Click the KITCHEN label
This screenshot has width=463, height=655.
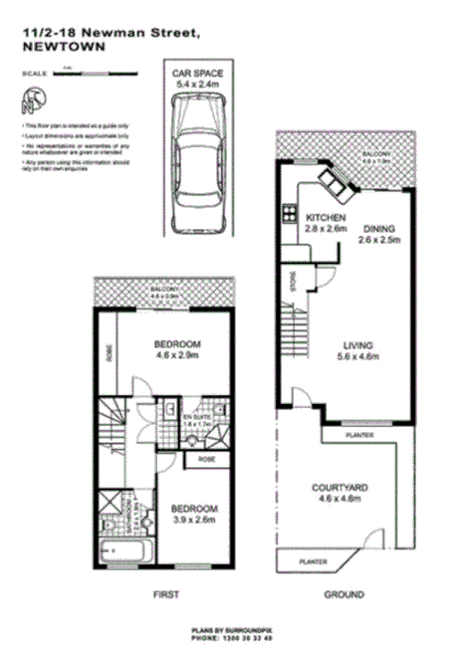pyautogui.click(x=326, y=218)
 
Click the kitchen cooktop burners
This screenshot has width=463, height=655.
pyautogui.click(x=291, y=211)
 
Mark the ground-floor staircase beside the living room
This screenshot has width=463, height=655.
pyautogui.click(x=295, y=324)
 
